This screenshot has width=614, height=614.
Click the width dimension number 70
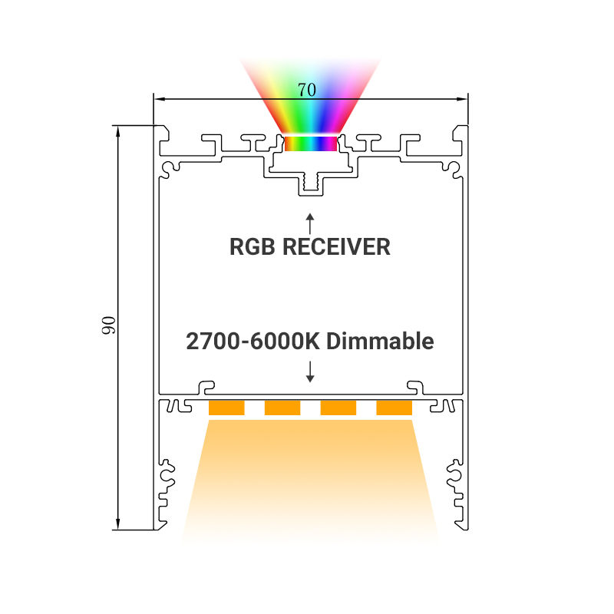click(x=306, y=90)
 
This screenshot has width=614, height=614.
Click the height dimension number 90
click(x=108, y=325)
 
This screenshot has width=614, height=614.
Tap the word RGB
click(x=252, y=247)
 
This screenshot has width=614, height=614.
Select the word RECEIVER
click(x=336, y=247)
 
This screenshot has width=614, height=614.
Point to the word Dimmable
click(x=380, y=341)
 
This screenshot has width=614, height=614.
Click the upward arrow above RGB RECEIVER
click(x=310, y=223)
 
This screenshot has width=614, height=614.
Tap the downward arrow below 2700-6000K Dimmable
click(x=310, y=371)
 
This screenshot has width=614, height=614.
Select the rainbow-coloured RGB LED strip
click(x=311, y=144)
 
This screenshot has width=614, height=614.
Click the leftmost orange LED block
click(x=226, y=408)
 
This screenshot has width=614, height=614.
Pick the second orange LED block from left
click(x=282, y=408)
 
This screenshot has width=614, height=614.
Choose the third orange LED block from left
click(x=338, y=408)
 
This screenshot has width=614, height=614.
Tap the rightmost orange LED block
click(x=394, y=408)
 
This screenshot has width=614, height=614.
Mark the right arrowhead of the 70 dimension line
click(x=463, y=99)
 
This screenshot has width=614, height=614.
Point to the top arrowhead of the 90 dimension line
click(x=118, y=131)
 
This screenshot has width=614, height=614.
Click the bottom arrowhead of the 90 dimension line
click(x=118, y=524)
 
